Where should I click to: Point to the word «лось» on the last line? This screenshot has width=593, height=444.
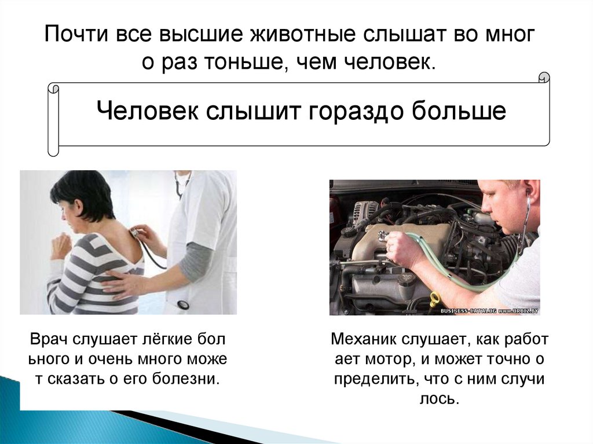click(x=439, y=399)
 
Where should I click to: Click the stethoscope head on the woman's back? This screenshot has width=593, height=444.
click(x=134, y=232)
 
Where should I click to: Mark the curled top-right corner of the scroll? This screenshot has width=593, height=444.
click(x=544, y=78)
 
